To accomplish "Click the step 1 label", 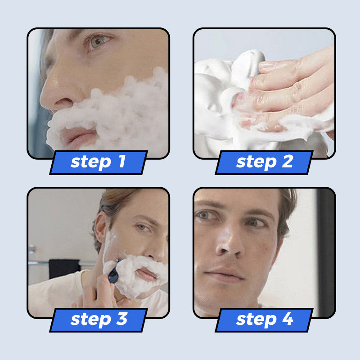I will click(x=98, y=162).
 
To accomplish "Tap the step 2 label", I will click(x=264, y=162).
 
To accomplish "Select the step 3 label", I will click(x=98, y=319).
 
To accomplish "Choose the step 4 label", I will click(x=264, y=319).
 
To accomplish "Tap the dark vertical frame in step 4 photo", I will click(x=325, y=252).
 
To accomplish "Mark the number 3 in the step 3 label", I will click(x=121, y=319).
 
